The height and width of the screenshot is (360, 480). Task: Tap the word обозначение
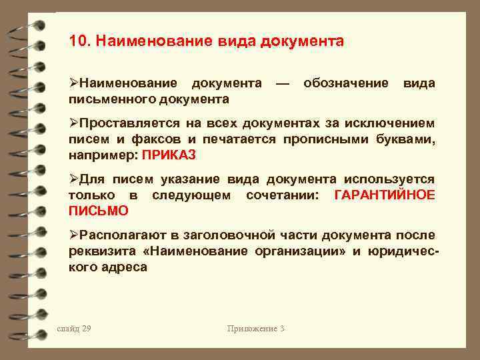coord(345,84)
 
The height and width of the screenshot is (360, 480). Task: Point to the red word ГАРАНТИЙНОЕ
coord(383,195)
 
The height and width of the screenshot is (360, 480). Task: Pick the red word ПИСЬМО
coord(99,211)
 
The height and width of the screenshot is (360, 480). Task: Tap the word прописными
coord(347,139)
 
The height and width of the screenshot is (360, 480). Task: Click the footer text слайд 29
coord(74,328)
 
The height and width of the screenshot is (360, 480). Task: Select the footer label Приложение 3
coord(256,328)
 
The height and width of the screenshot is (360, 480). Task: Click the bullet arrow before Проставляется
coord(74,123)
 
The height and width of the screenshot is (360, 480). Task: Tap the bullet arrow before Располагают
coord(74,235)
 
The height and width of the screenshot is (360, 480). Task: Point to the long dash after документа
coord(281,84)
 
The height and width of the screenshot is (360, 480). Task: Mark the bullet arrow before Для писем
coord(74,179)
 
